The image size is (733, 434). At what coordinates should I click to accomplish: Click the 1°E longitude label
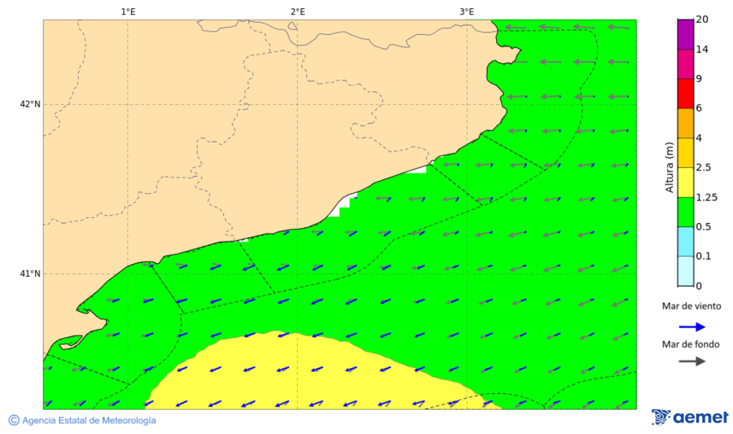[x=128, y=11]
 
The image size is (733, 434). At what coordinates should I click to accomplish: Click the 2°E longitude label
[x=297, y=11]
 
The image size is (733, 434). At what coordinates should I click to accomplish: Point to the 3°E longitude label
[x=467, y=11]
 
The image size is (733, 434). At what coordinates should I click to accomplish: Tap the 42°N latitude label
[x=30, y=104]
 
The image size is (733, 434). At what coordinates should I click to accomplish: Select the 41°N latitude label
[x=30, y=274]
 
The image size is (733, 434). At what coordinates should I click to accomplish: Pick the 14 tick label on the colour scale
[x=702, y=50]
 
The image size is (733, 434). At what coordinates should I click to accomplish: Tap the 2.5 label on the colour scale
[x=704, y=168]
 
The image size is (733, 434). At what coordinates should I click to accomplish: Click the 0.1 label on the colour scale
[x=704, y=256]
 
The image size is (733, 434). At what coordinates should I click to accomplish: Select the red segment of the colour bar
[x=685, y=94]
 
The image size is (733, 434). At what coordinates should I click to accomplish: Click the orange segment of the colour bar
[x=685, y=124]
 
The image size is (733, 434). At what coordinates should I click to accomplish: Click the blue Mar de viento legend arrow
[x=691, y=326]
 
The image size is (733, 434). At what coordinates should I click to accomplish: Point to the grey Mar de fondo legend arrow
[x=691, y=362]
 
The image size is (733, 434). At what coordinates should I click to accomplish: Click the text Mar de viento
[x=691, y=306]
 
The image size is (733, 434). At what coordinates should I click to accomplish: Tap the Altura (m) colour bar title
[x=669, y=167]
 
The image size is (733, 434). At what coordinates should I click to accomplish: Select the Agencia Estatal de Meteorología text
[x=89, y=420]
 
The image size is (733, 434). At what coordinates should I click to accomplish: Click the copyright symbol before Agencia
[x=14, y=420]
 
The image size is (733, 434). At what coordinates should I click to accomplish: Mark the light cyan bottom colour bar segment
[x=685, y=271]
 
